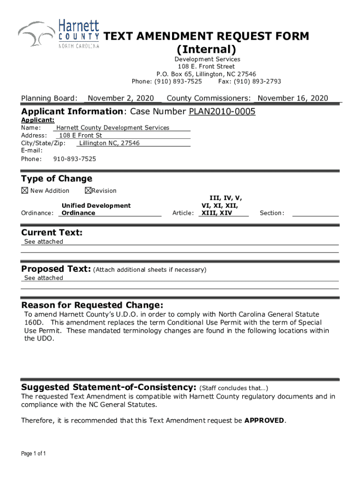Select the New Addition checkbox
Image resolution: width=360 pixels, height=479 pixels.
coord(24,190)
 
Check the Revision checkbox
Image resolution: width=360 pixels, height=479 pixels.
coord(88,190)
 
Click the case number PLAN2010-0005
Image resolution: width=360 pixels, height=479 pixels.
coord(222,112)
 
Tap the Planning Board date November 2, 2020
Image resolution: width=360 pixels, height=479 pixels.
coord(121,98)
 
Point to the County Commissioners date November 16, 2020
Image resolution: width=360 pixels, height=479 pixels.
coord(293,98)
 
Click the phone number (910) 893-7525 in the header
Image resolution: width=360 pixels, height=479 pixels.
coord(180,81)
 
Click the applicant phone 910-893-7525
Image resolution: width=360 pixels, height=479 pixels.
coord(75,159)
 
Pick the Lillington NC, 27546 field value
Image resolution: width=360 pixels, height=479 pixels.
coord(109,143)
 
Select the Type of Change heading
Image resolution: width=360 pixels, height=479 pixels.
coord(57,179)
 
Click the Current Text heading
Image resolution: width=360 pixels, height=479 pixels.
coord(52,232)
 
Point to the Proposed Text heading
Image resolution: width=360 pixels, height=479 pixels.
coord(56,269)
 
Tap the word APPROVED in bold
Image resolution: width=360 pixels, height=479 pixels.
coord(264,421)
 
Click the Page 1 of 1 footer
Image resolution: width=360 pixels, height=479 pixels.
coord(33,454)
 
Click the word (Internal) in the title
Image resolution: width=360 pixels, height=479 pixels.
coord(206,49)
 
